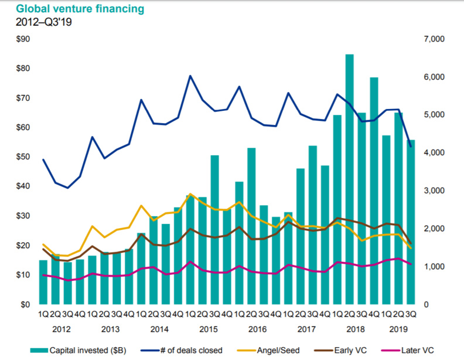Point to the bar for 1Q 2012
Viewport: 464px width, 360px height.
pos(43,282)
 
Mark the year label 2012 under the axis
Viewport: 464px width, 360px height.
pos(62,330)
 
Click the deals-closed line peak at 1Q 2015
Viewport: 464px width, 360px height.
pos(190,76)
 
